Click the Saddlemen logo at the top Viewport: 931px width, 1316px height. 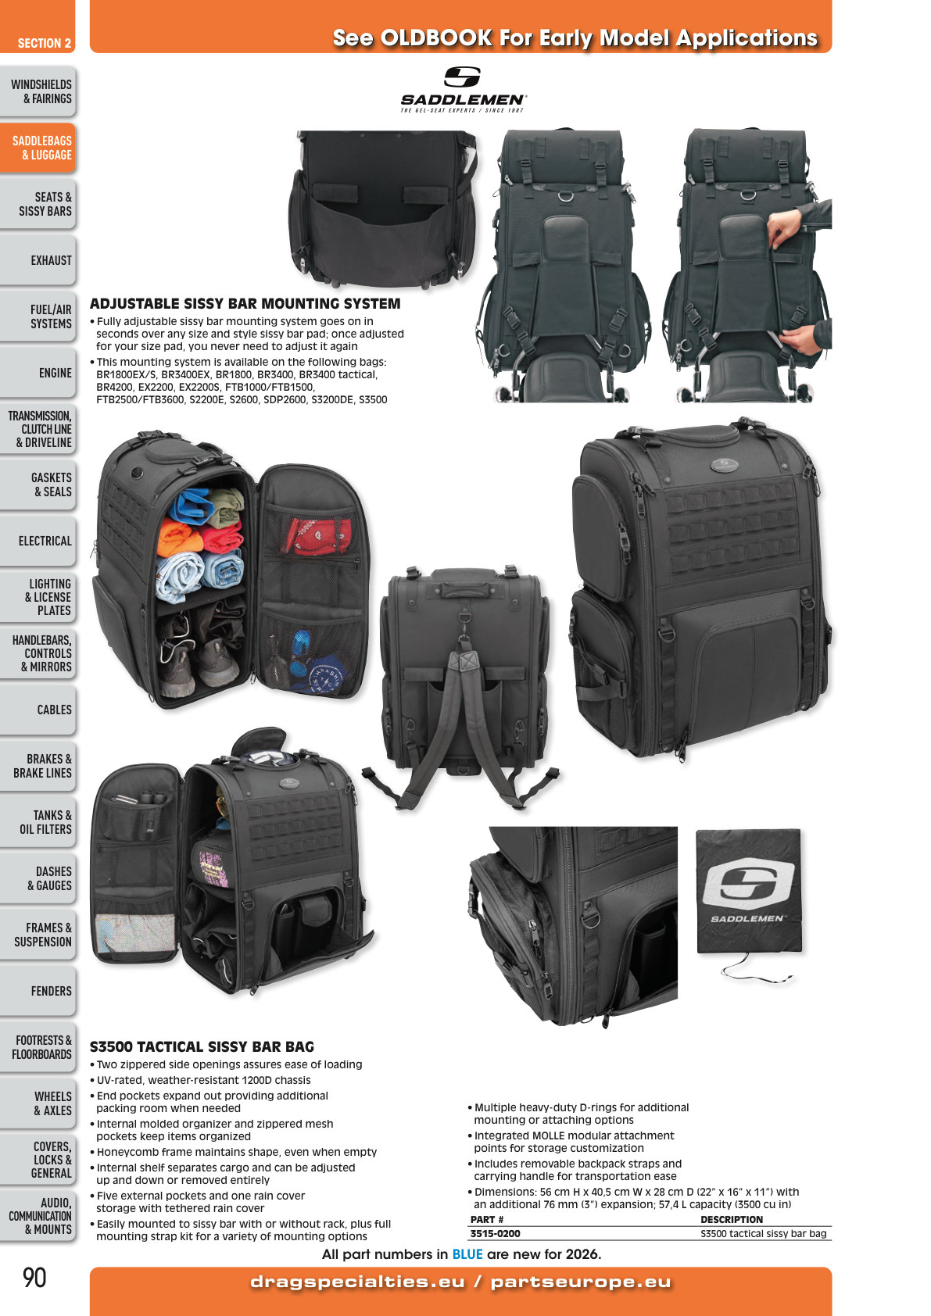(x=463, y=89)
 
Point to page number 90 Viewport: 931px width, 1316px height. (x=34, y=1278)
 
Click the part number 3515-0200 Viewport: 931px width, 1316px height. (x=495, y=1234)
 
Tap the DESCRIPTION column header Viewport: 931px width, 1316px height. (x=731, y=1220)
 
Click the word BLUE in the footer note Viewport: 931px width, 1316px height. (x=467, y=1254)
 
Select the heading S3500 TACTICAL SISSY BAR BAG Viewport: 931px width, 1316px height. (x=202, y=1047)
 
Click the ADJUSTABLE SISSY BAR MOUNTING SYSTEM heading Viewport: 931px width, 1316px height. (x=245, y=304)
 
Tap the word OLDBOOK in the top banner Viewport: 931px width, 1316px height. (x=436, y=38)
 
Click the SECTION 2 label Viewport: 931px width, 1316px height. (x=44, y=44)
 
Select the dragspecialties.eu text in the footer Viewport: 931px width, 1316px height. (x=356, y=1282)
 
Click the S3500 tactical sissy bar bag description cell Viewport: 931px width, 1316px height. (x=763, y=1234)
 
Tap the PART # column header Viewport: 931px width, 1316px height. (x=487, y=1220)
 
